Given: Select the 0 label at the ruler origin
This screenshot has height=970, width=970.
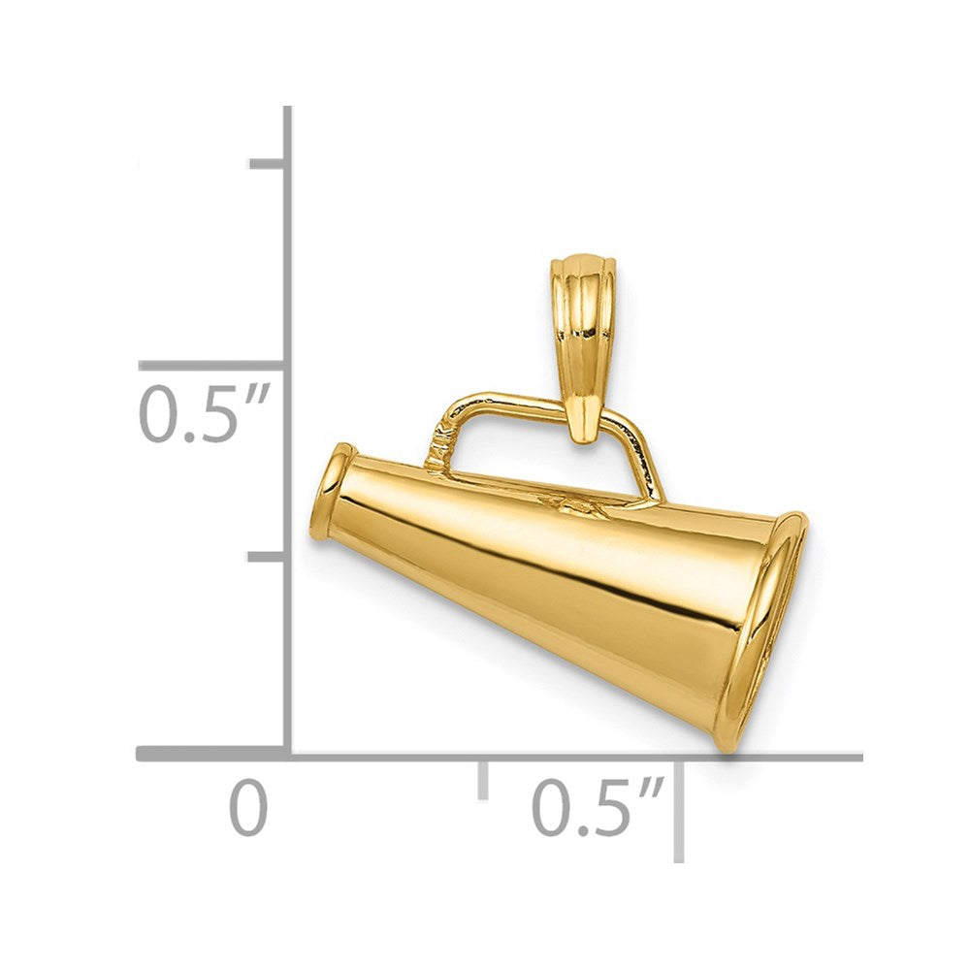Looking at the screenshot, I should click(248, 811).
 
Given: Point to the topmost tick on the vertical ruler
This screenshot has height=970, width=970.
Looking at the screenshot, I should click(269, 163).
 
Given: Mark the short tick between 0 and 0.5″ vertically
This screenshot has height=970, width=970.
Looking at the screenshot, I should click(269, 557).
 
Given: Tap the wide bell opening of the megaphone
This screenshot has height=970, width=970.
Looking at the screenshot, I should click(766, 630).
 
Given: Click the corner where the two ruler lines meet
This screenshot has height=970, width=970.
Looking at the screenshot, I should click(288, 755).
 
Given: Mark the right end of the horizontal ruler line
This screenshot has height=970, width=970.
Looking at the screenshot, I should click(858, 755).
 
